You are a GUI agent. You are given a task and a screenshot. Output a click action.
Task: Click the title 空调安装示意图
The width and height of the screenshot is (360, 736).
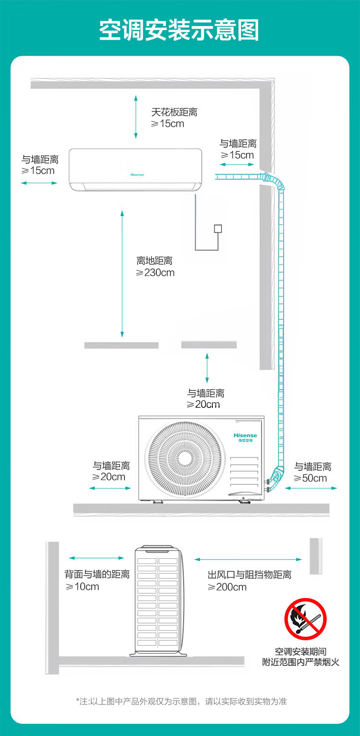coord(180,30)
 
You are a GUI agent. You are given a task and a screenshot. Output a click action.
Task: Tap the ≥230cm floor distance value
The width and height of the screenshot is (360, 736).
coord(155,273)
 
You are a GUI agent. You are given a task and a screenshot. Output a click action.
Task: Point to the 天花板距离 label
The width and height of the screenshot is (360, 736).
coord(174,112)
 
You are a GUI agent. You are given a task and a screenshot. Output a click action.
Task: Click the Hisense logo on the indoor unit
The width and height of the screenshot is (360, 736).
coord(137,175)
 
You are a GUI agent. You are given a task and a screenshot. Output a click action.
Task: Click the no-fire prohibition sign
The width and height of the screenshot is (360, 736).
coord(305,619)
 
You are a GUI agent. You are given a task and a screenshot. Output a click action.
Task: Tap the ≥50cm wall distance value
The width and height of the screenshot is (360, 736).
coord(310,478)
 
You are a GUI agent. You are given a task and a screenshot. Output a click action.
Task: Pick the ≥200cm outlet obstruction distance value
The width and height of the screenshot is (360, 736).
coord(227,587)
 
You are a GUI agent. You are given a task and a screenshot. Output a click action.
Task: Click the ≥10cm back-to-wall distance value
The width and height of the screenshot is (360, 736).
coord(82,587)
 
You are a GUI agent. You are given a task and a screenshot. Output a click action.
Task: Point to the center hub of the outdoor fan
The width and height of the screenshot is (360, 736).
coord(185,458)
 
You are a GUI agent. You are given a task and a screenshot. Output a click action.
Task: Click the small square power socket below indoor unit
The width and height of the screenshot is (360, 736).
coord(218,228)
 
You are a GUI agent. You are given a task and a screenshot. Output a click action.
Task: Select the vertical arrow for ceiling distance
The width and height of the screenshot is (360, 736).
coord(136,117)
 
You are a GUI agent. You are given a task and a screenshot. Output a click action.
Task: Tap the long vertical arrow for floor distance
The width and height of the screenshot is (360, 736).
coord(122,274)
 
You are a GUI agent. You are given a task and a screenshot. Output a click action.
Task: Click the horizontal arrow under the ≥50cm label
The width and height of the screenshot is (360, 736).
coord(311,488)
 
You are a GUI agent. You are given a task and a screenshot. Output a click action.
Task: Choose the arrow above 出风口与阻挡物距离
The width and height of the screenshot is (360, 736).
coord(248,559)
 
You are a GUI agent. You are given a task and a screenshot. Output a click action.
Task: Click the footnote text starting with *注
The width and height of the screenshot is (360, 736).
coord(181,701)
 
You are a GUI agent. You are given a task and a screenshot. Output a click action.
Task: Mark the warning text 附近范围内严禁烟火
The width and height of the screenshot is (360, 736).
coord(301,662)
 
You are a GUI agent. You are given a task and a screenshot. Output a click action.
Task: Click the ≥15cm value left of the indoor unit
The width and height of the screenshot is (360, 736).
coord(38,170)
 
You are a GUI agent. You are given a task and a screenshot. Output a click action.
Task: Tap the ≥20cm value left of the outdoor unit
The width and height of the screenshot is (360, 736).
coord(108,476)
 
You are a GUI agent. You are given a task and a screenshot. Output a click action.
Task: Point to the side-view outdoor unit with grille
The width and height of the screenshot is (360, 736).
coord(158,601)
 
